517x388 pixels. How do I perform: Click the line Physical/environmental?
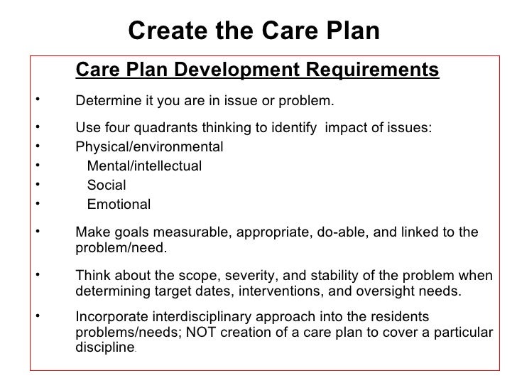(148, 147)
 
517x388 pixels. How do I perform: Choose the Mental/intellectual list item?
(144, 166)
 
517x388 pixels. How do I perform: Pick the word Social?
(106, 185)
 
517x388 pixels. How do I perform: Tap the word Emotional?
(119, 205)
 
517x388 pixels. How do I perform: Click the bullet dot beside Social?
(34, 185)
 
